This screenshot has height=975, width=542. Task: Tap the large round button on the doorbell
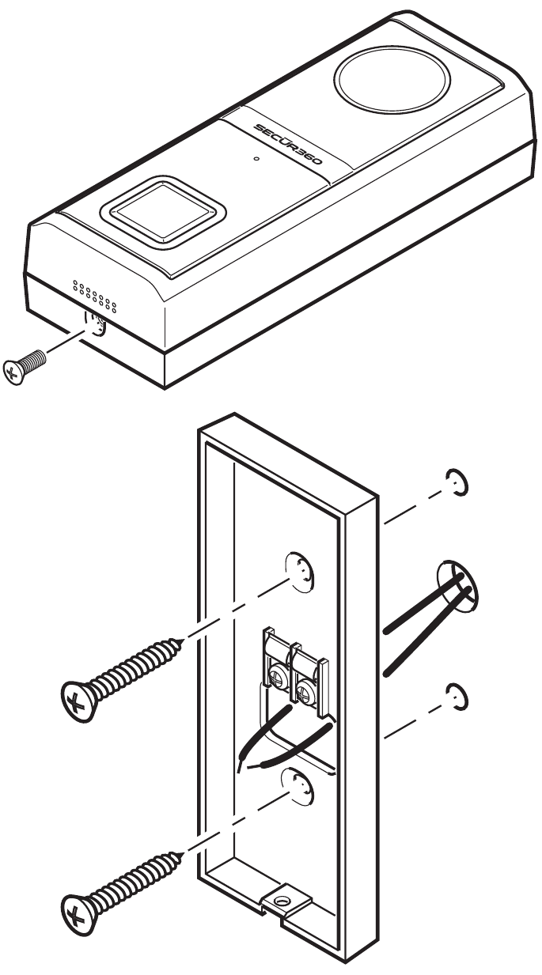[392, 76]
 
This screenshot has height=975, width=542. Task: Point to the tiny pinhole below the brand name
[256, 159]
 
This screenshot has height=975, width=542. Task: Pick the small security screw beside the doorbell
[25, 367]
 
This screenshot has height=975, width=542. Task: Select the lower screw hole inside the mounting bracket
[296, 786]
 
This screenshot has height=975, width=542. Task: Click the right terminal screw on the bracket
[305, 686]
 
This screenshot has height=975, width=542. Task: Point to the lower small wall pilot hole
[455, 693]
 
